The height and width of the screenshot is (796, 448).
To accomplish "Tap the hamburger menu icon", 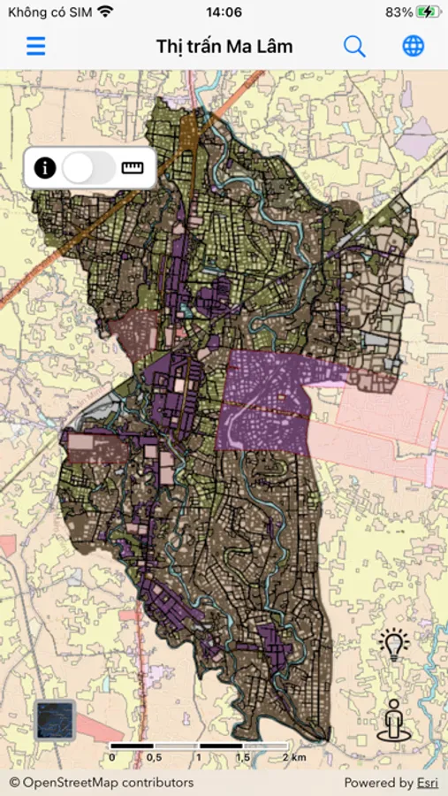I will pos(35,46).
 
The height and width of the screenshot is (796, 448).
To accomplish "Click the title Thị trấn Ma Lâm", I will pos(224,47).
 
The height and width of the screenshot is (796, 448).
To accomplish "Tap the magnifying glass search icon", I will pos(354,46).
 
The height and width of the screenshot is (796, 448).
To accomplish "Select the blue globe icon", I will pos(413,46).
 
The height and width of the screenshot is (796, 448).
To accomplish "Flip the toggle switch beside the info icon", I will pos(88,167).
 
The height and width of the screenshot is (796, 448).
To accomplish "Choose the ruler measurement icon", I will pos(133,167).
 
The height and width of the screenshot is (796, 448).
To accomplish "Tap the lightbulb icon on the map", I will pos(394,645).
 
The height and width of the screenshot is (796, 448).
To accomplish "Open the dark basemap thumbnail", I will pos(56,719).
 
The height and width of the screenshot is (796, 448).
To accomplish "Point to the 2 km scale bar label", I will pos(293,757).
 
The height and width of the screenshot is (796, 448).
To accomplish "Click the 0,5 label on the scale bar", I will pos(153,757).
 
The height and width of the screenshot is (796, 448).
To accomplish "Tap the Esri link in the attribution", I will pos(429,782).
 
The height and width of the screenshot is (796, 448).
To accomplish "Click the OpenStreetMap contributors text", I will pos(102,782).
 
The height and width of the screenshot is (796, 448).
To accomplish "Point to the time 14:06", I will pos(224,12).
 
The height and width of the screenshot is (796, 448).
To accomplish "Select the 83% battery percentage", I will pos(399,12).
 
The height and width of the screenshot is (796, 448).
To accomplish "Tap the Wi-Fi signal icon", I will pos(106,12).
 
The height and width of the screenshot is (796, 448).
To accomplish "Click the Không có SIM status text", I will pos(49,12).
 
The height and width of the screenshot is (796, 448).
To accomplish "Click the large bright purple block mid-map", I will pos(265,402).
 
